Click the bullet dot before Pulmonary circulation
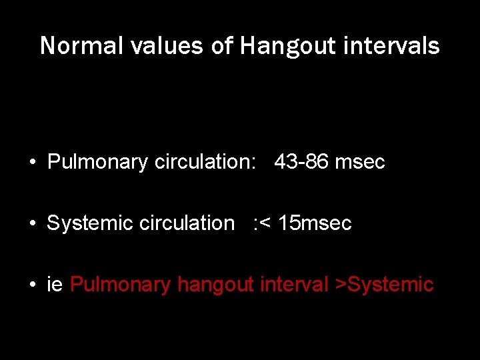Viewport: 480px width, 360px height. pos(32,162)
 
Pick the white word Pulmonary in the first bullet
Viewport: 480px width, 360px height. pos(97,162)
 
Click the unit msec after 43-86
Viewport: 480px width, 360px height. pos(360,162)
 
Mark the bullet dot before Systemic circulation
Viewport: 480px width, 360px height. pos(32,223)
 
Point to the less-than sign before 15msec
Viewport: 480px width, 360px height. pos(264,224)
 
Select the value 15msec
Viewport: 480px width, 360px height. pos(315,223)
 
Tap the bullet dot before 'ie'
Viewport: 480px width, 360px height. pos(32,285)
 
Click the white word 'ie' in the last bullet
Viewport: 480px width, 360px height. pos(55,285)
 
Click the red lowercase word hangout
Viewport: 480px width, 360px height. pos(215,285)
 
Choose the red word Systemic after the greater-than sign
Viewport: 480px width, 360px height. pos(391,285)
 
